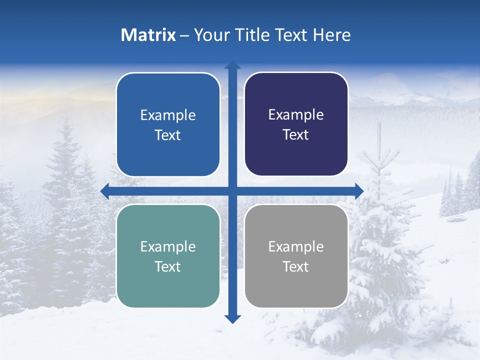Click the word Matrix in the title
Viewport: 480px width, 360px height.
coord(148,35)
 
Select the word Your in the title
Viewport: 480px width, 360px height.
coord(210,35)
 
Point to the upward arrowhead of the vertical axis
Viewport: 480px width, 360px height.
coord(232,65)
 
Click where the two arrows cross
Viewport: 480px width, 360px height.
coord(232,191)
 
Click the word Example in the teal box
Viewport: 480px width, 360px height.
coord(168,246)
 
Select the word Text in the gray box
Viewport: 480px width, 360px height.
coord(296,266)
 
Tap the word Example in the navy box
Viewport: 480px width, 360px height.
coord(296,114)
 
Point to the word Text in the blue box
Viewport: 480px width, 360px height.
coord(168,135)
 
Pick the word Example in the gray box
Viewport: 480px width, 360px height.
coord(296,246)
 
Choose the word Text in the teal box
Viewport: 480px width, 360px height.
coord(168,266)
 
